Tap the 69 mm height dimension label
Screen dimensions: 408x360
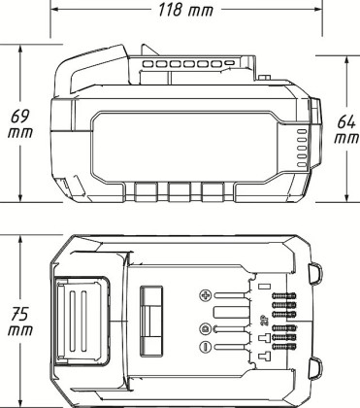[x=18, y=123]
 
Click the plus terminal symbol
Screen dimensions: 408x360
[x=204, y=294]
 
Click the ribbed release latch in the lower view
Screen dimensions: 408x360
[x=82, y=317]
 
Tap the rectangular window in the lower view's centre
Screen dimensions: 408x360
[x=152, y=318]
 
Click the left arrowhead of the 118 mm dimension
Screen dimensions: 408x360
[x=55, y=12]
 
